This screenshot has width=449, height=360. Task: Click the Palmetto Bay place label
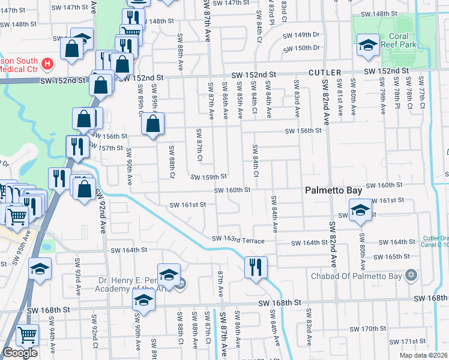[333, 190]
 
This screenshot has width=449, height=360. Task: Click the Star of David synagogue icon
[411, 275]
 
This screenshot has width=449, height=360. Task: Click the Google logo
[20, 353]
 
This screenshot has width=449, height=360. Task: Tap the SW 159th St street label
[209, 177]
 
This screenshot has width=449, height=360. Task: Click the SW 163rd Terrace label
[238, 240]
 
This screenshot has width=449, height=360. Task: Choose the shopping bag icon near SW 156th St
[153, 124]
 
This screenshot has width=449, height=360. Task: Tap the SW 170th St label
[369, 329]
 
